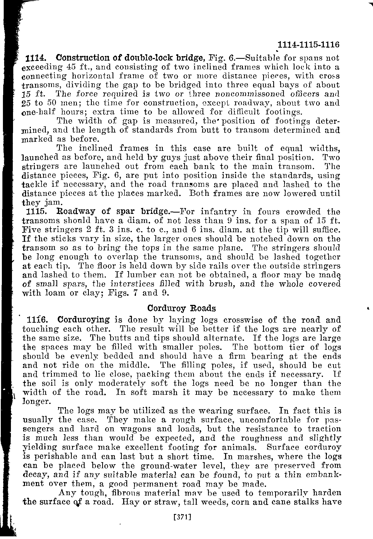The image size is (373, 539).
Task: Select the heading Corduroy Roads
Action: [x=181, y=308]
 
